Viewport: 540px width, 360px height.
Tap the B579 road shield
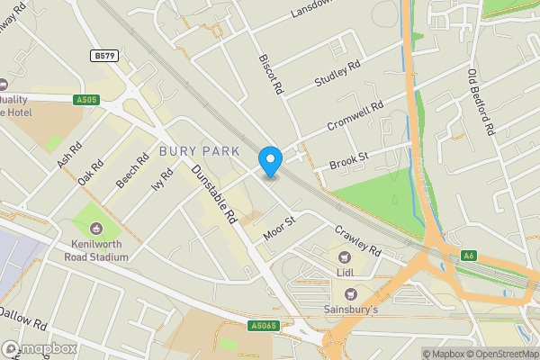103,56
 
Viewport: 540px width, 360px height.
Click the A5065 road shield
263,324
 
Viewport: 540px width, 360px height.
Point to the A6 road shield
468,256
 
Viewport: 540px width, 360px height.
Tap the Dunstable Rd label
213,192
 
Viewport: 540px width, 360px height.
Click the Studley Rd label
337,75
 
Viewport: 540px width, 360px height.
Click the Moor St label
279,228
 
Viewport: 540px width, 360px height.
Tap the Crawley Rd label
358,244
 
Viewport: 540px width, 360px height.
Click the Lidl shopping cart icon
345,258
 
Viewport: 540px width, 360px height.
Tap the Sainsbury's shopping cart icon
351,293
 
